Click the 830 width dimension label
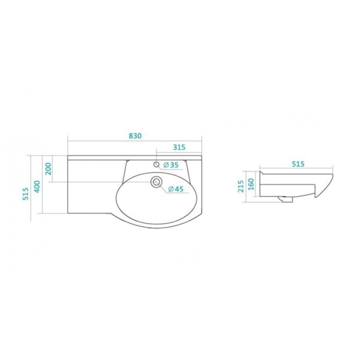pyautogui.click(x=135, y=136)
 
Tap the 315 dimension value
pyautogui.click(x=179, y=147)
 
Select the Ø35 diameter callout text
pyautogui.click(x=171, y=165)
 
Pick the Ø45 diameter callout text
pyautogui.click(x=176, y=189)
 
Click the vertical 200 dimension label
pyautogui.click(x=49, y=169)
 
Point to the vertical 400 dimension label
pyautogui.click(x=37, y=187)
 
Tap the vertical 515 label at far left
pyautogui.click(x=26, y=194)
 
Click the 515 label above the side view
pyautogui.click(x=298, y=164)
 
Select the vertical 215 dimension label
pyautogui.click(x=241, y=186)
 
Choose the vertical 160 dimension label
pyautogui.click(x=251, y=184)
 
